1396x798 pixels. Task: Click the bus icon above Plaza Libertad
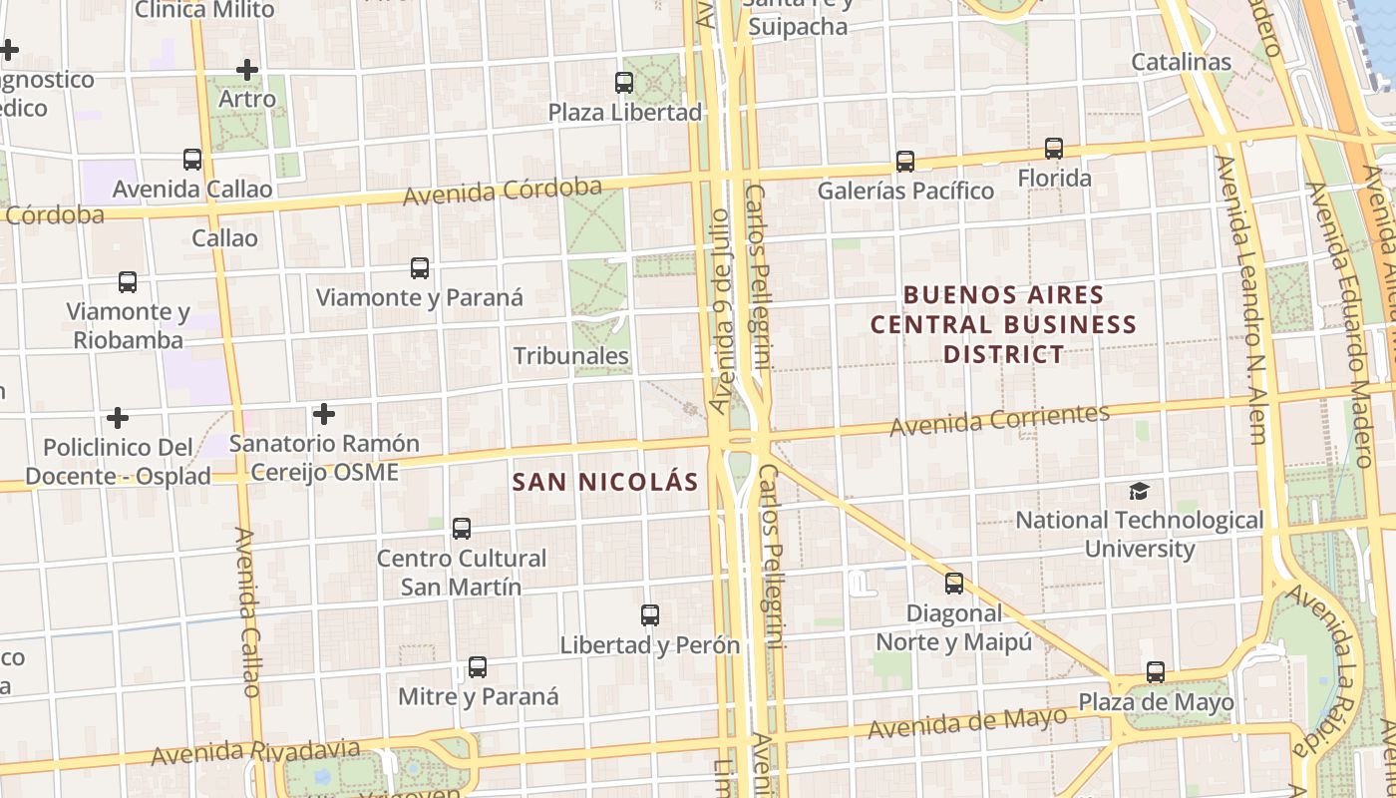click(x=624, y=83)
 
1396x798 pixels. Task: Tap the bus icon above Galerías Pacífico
click(x=905, y=161)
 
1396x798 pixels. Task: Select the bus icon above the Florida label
click(x=1054, y=149)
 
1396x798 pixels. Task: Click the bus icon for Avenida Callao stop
click(x=192, y=160)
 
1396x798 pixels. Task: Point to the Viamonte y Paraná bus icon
click(x=420, y=268)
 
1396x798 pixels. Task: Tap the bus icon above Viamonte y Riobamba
click(x=128, y=282)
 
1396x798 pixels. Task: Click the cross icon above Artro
click(x=247, y=70)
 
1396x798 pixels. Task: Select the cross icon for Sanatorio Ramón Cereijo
click(x=324, y=414)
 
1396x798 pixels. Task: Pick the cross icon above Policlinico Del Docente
click(x=118, y=417)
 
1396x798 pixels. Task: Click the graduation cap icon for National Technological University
click(x=1139, y=491)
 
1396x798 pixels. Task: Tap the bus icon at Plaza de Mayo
click(x=1156, y=672)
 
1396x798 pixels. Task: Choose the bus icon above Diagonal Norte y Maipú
click(x=954, y=584)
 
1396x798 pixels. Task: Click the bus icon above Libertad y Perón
click(x=650, y=615)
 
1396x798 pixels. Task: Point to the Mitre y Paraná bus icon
click(x=478, y=667)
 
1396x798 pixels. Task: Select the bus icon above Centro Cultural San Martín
click(x=461, y=529)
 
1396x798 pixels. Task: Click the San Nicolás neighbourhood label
click(x=605, y=482)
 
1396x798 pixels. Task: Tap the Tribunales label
click(x=571, y=356)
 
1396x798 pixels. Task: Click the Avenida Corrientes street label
click(x=999, y=420)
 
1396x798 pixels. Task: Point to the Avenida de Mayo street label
click(x=966, y=722)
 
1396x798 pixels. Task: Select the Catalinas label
click(x=1182, y=62)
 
